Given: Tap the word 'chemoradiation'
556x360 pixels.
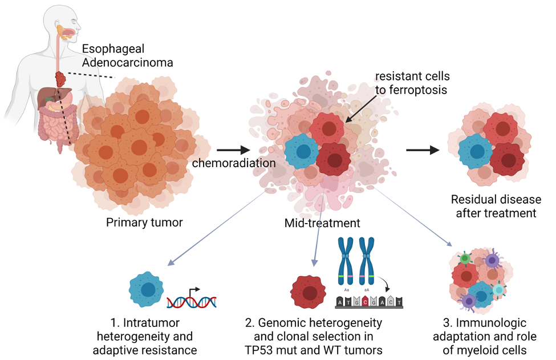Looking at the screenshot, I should [234, 163].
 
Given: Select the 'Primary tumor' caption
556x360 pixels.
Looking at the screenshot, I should [144, 223].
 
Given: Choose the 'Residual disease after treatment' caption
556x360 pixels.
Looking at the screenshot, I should [494, 207].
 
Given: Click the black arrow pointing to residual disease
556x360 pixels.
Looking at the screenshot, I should [423, 151].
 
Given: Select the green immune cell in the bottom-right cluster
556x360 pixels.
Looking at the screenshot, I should [466, 259].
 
